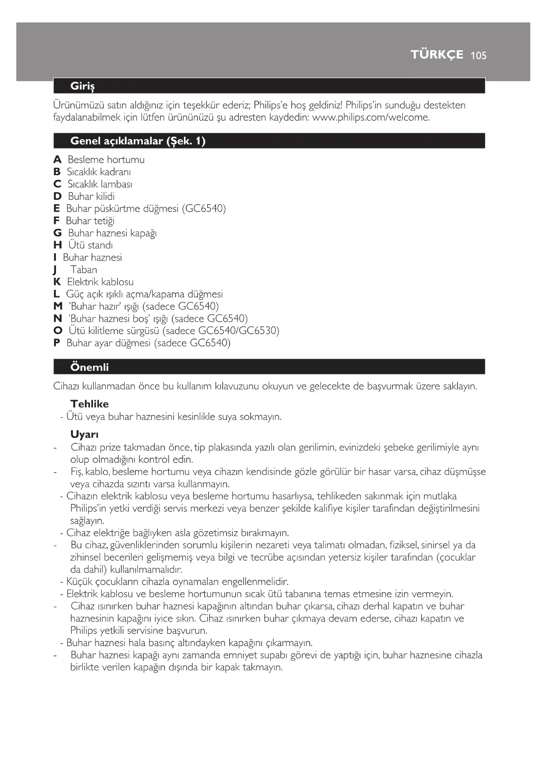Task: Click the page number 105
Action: pyautogui.click(x=478, y=55)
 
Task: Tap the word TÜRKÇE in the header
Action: pyautogui.click(x=437, y=55)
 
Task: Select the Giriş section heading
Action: pyautogui.click(x=82, y=86)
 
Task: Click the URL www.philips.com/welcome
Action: pyautogui.click(x=371, y=118)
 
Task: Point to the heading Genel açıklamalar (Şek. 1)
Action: pyautogui.click(x=138, y=141)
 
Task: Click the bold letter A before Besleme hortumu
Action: pyautogui.click(x=57, y=160)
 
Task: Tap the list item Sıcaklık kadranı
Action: pyautogui.click(x=99, y=172)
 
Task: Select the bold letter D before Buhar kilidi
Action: pyautogui.click(x=57, y=196)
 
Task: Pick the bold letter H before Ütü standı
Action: pyautogui.click(x=58, y=245)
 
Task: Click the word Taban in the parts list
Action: pyautogui.click(x=83, y=270)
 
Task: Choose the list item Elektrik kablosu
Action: pyautogui.click(x=100, y=282)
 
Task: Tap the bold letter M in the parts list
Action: pyautogui.click(x=58, y=306)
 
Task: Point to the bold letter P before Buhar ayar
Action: pyautogui.click(x=56, y=343)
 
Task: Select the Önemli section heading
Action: pyautogui.click(x=89, y=367)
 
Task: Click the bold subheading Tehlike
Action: pyautogui.click(x=89, y=404)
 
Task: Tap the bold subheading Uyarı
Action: pyautogui.click(x=84, y=434)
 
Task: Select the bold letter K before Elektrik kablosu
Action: pyautogui.click(x=57, y=282)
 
